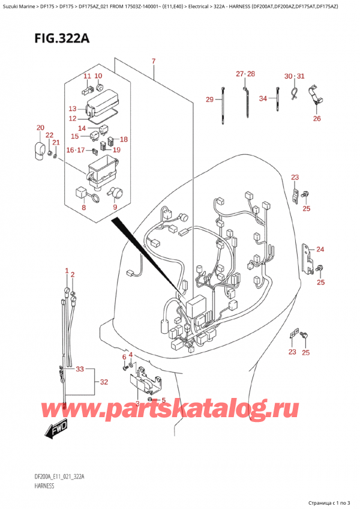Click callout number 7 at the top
(x=154, y=62)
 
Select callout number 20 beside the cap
(x=40, y=128)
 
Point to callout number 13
(x=73, y=109)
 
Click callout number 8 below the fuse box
(x=83, y=208)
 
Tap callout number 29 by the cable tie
(x=209, y=99)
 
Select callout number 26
(x=317, y=118)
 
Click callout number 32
(x=103, y=382)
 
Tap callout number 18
(x=124, y=139)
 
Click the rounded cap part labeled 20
(x=38, y=148)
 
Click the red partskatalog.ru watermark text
(x=180, y=409)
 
